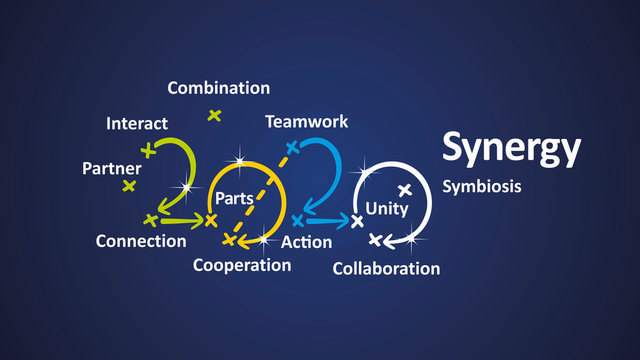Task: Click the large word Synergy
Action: click(511, 148)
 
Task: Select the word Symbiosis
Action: click(482, 186)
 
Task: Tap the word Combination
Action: click(219, 88)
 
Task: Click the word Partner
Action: click(111, 168)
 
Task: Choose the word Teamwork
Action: click(306, 122)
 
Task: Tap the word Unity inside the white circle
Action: click(387, 208)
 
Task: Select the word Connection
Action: click(141, 241)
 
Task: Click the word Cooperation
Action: click(242, 265)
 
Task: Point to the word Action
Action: click(307, 242)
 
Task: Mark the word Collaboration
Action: click(386, 268)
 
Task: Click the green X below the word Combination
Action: click(214, 116)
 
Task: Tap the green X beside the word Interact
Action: click(149, 151)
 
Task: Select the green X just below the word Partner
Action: click(128, 186)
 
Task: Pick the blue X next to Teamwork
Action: click(293, 148)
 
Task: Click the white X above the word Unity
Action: click(405, 189)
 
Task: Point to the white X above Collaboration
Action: click(375, 240)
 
